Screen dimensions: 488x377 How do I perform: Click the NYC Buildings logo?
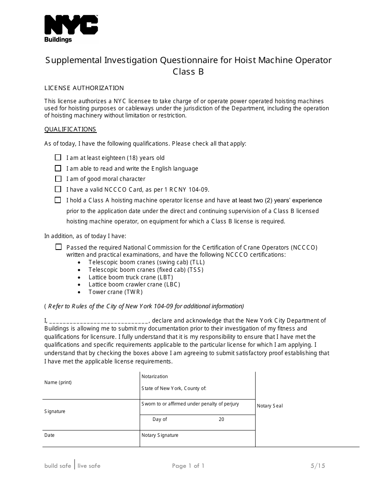click(x=71, y=29)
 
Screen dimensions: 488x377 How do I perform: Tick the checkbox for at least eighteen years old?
click(x=58, y=158)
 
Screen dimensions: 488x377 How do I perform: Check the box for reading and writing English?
click(x=58, y=168)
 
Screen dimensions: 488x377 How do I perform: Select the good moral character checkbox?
click(x=58, y=179)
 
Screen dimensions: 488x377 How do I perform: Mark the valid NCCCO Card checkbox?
click(x=58, y=189)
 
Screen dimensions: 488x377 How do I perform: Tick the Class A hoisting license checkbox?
click(x=58, y=200)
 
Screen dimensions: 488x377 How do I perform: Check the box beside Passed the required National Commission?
click(x=58, y=247)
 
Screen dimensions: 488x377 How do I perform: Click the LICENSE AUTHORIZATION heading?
click(x=84, y=88)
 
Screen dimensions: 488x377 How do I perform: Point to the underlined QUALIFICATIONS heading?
click(x=70, y=129)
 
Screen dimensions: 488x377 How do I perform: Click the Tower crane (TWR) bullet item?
click(x=115, y=292)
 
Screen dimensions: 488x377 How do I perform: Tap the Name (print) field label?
click(x=58, y=382)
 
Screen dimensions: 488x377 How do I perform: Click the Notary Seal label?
click(x=270, y=406)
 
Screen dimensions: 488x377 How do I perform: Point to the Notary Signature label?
click(x=160, y=435)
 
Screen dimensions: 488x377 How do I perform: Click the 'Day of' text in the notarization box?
click(x=160, y=419)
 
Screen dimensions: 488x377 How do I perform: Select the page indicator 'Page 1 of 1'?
click(x=188, y=466)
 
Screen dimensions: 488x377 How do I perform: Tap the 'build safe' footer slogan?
click(x=58, y=466)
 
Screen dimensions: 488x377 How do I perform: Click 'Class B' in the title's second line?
click(x=188, y=72)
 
